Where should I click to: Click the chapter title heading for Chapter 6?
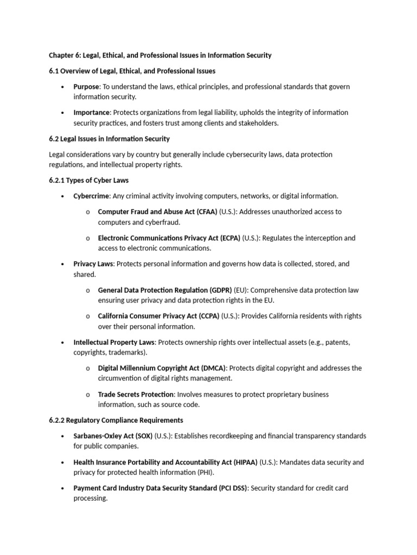pyautogui.click(x=160, y=55)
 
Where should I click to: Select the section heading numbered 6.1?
pyautogui.click(x=132, y=71)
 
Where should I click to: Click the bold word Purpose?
pyautogui.click(x=86, y=87)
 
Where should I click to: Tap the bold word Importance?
pyautogui.click(x=92, y=113)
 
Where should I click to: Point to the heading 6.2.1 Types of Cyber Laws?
pyautogui.click(x=89, y=180)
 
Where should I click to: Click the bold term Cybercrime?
pyautogui.click(x=91, y=196)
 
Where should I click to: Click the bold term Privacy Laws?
pyautogui.click(x=93, y=264)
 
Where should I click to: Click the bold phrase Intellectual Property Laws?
pyautogui.click(x=115, y=343)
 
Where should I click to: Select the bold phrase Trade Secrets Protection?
pyautogui.click(x=136, y=395)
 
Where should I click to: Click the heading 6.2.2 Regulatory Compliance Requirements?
pyautogui.click(x=116, y=421)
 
